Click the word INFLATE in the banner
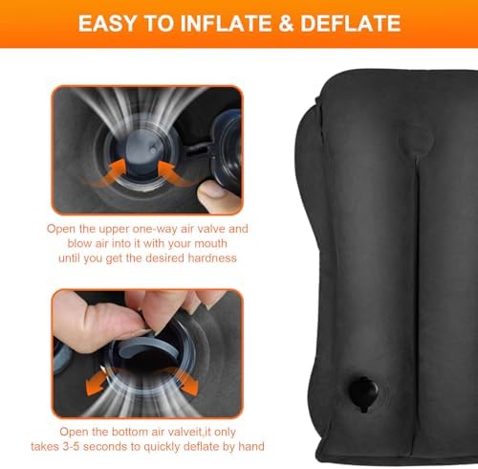point(226,23)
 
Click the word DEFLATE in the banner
point(350,23)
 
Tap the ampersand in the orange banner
point(286,23)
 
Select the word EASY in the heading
point(107,23)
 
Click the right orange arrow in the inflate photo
point(172,173)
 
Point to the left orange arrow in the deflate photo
point(97,382)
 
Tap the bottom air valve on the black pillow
point(363,394)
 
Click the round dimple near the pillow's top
point(417,141)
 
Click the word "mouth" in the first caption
point(210,243)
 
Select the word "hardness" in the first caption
point(212,257)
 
